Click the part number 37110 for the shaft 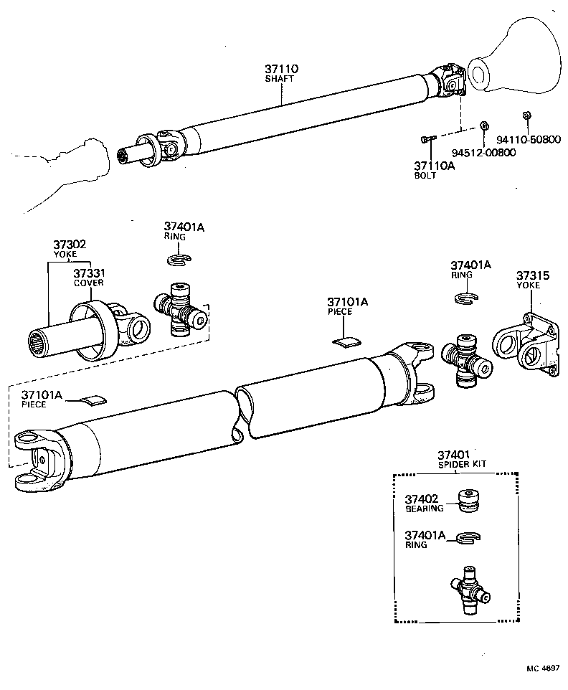coord(281,69)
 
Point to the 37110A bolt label coord(434,166)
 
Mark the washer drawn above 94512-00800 coord(483,126)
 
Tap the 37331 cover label coord(89,273)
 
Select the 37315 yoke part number coord(531,275)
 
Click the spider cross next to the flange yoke coord(465,359)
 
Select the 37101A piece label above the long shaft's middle coord(347,302)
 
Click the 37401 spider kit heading coord(454,455)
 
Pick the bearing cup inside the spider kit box coord(469,501)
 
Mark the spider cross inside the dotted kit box coord(467,588)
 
